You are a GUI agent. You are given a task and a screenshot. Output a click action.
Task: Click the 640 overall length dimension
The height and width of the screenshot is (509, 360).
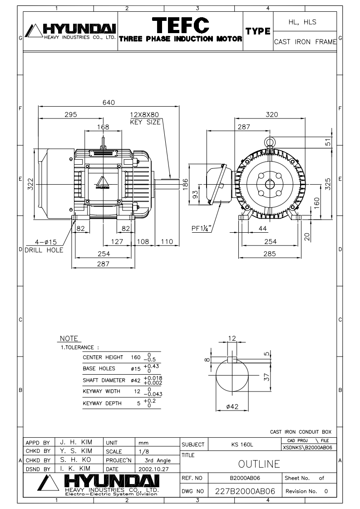point(108,103)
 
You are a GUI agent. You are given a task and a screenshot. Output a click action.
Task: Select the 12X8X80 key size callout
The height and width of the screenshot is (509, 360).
point(145,118)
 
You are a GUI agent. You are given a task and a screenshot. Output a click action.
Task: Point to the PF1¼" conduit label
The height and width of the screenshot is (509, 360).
point(202,228)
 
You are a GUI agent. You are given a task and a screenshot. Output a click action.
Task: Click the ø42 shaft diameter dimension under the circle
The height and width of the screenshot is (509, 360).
point(232,406)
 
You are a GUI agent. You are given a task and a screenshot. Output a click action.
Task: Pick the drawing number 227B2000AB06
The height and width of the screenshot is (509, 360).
point(245,491)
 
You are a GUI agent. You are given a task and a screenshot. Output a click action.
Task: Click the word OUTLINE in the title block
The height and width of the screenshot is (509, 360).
point(259,464)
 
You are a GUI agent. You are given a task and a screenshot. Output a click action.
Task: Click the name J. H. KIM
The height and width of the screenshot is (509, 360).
point(76,442)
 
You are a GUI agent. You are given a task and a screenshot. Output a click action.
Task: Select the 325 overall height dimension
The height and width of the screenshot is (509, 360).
point(328,184)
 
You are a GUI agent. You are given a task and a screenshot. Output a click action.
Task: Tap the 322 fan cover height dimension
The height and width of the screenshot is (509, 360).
point(30,184)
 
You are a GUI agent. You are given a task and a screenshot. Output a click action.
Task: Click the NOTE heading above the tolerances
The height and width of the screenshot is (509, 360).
point(69,338)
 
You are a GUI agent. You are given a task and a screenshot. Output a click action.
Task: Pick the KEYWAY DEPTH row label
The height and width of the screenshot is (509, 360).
point(102,403)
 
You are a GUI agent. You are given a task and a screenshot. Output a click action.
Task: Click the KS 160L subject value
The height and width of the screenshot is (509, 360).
point(242,445)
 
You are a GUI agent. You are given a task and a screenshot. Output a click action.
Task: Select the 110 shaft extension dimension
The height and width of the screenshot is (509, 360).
point(167,241)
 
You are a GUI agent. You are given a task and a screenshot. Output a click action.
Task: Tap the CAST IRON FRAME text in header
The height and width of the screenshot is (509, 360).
point(305,42)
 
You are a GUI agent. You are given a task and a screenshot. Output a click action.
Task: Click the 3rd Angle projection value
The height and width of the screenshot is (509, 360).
point(158,460)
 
